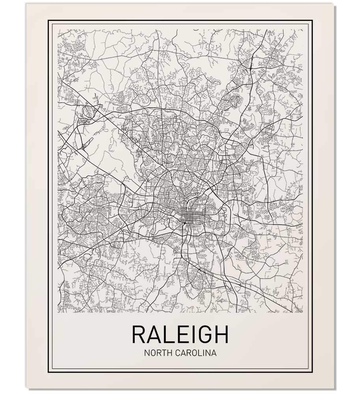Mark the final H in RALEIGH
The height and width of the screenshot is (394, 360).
coord(221,335)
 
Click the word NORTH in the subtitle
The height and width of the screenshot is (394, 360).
coord(157,353)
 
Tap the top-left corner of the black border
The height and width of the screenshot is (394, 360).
coord(48,20)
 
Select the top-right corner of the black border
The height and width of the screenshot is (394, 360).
coord(313,20)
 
